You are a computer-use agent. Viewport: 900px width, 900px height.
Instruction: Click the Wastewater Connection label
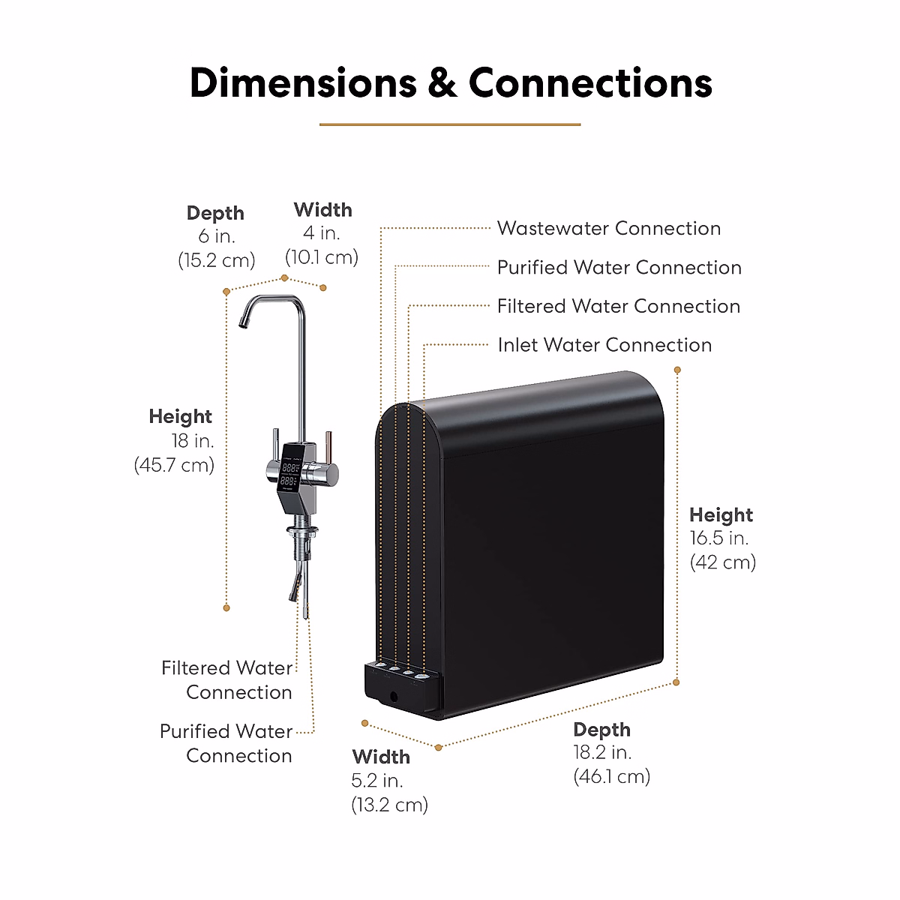(x=608, y=228)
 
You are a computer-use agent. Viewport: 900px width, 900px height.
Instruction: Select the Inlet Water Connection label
(x=604, y=345)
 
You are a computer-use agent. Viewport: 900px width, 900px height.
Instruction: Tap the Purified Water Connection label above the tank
(x=619, y=267)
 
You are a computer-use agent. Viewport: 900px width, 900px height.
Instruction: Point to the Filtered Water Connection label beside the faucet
(x=226, y=679)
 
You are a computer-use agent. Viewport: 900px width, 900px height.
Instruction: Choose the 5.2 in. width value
(x=377, y=781)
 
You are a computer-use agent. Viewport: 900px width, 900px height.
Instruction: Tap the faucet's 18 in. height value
(x=192, y=440)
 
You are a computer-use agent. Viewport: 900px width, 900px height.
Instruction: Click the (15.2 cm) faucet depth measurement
(x=216, y=260)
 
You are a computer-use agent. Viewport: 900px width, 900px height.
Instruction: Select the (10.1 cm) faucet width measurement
(x=322, y=257)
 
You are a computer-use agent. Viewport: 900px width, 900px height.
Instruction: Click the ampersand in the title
(x=442, y=82)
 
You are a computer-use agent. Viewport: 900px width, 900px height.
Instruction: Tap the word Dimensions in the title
(x=303, y=82)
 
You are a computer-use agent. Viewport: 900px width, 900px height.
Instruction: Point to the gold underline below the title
(x=450, y=124)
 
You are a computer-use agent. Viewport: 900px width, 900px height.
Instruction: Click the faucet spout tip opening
(x=243, y=324)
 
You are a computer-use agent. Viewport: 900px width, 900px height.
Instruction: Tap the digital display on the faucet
(x=291, y=474)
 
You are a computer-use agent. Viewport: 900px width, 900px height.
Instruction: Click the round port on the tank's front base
(x=394, y=697)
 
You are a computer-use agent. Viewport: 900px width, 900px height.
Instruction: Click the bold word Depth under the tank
(x=601, y=730)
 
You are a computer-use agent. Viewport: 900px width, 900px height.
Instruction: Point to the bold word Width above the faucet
(x=322, y=209)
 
